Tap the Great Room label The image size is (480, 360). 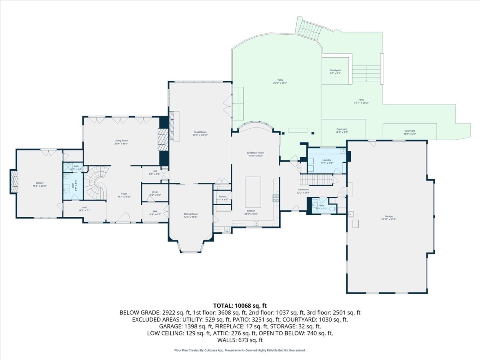tap(200, 134)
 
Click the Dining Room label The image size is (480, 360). tap(190, 216)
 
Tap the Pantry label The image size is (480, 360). tap(222, 198)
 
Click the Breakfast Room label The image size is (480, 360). tap(255, 154)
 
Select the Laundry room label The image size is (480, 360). tap(327, 161)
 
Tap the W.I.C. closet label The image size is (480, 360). tap(155, 193)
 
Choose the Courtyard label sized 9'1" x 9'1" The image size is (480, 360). tap(335, 72)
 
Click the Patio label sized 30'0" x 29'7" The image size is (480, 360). tap(280, 81)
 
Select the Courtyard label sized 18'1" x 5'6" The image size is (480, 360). tap(410, 132)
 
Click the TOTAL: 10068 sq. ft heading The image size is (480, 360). tap(240, 306)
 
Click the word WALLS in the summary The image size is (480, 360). tap(226, 340)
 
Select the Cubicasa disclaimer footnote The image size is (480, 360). tap(240, 350)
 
